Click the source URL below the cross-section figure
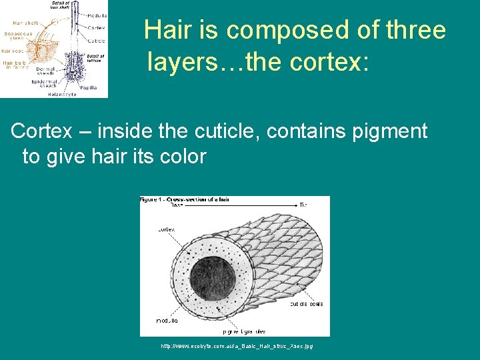click(237, 346)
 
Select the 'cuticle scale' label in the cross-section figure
click(306, 304)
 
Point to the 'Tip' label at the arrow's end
click(303, 205)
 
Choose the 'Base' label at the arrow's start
click(177, 205)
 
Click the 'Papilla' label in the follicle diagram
click(89, 87)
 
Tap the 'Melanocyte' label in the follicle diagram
click(61, 94)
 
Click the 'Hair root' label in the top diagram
click(13, 50)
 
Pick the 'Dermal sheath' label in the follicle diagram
click(46, 71)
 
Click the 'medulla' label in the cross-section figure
click(167, 321)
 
